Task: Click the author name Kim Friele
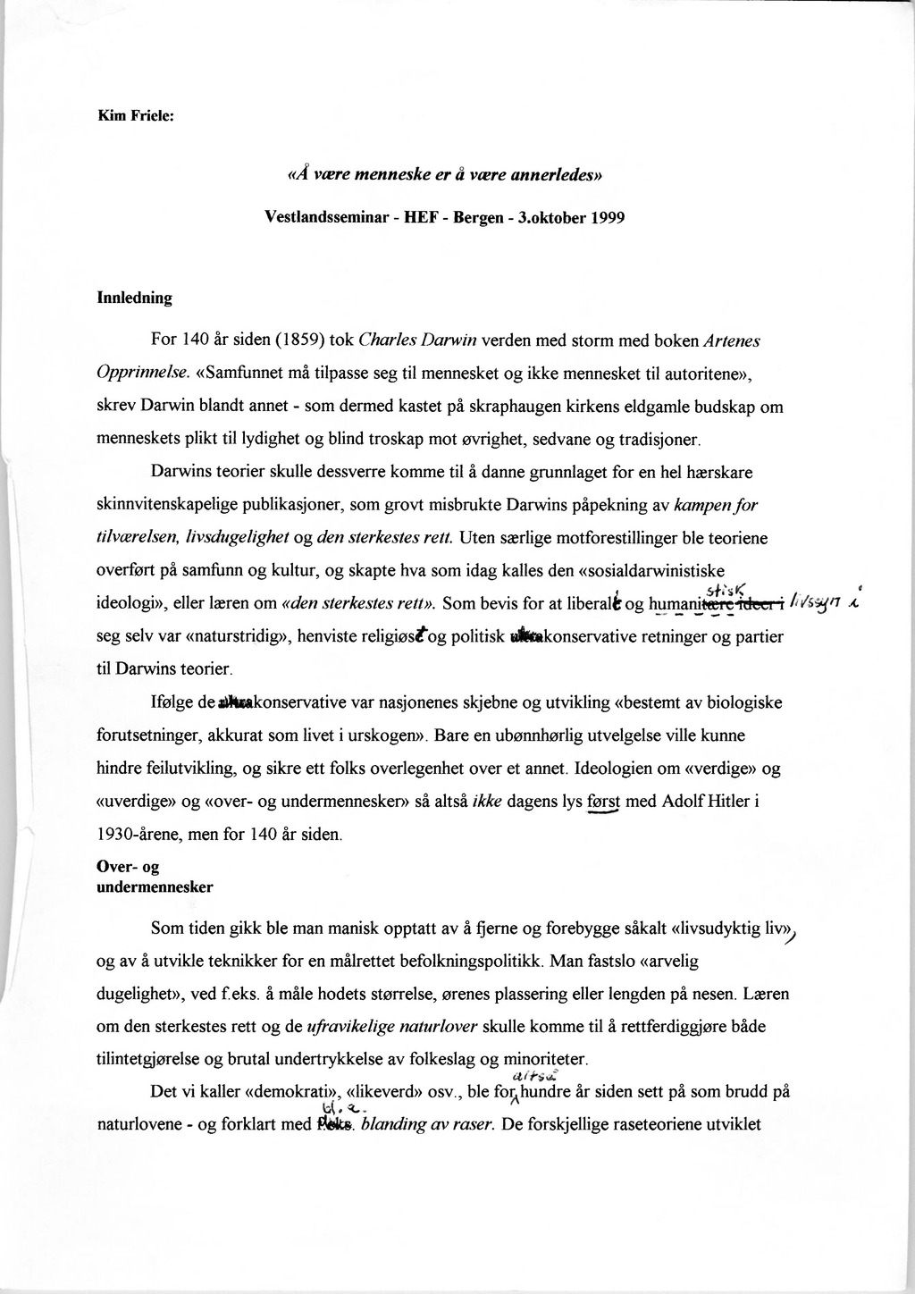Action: point(140,115)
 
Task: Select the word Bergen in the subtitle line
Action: point(462,217)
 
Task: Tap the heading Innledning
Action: point(134,298)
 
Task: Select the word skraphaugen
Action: point(511,407)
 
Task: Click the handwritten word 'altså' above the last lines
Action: point(533,1078)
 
